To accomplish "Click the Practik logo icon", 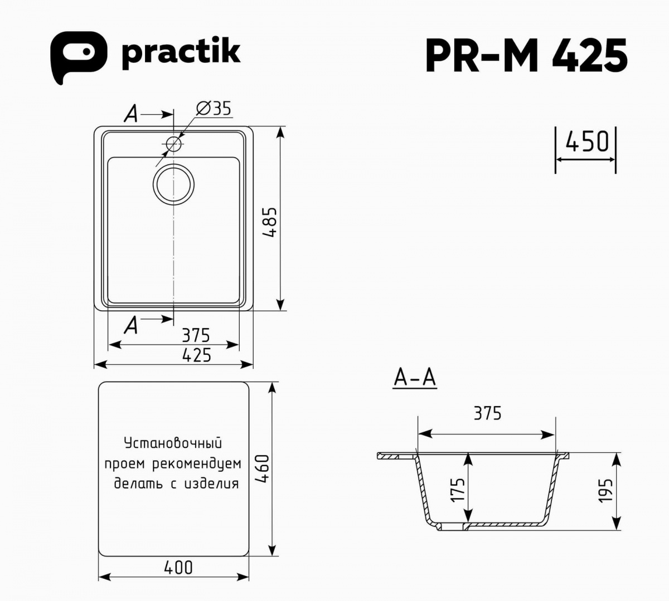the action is click(x=79, y=57).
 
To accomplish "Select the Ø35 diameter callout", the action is click(x=214, y=108).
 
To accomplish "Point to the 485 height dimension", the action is click(x=269, y=222).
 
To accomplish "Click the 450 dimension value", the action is click(x=587, y=141).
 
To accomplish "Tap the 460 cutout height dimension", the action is click(x=262, y=468).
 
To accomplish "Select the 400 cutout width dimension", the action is click(x=178, y=568).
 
